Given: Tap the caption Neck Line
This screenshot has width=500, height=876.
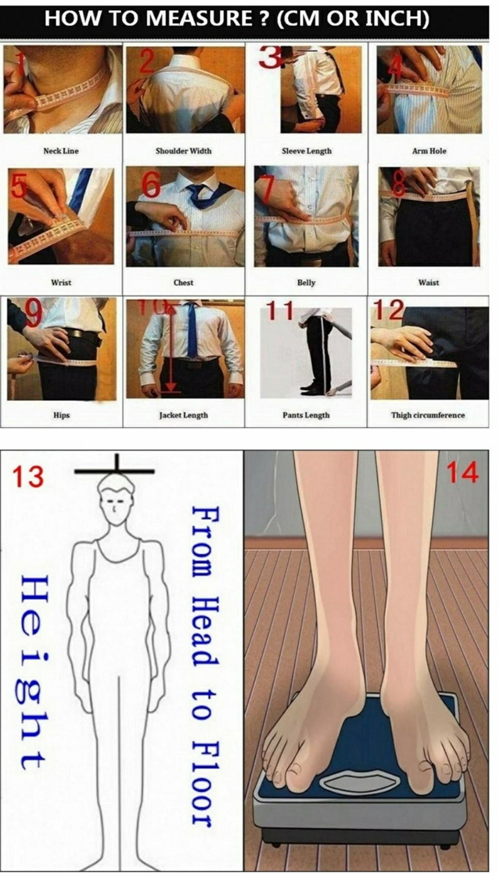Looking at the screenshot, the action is pos(61,151).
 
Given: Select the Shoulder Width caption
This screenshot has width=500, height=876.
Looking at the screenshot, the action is pos(183,151).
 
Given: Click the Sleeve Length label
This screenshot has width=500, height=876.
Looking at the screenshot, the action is pos(307,151).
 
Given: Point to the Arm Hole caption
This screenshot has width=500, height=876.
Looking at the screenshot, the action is pos(429,151).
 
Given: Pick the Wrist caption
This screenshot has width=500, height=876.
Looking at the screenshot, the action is pos(61,282).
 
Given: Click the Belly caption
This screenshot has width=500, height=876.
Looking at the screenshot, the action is pos(306,282).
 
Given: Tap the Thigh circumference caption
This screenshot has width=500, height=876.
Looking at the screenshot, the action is pos(428,415).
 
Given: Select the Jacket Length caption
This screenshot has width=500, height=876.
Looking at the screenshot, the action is pos(183,415).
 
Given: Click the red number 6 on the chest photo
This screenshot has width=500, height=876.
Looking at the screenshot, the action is pos(151,185).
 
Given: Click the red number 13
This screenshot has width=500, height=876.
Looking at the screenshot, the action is pos(27,477).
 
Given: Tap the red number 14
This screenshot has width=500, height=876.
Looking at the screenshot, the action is pos(462,473).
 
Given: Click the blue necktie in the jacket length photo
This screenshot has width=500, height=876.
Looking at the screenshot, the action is pos(192,330).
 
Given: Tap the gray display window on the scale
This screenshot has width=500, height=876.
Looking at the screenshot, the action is pos(360,780).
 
